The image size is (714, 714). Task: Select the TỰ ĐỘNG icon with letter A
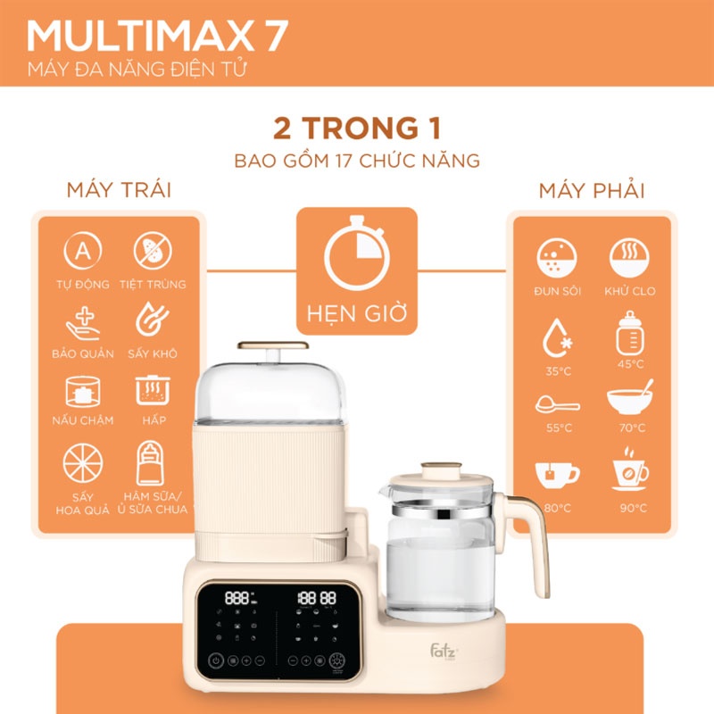coord(82,253)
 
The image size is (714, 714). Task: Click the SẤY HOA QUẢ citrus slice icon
coord(82,463)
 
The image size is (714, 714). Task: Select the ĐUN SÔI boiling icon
coord(557,258)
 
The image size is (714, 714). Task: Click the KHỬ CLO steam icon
coord(629,258)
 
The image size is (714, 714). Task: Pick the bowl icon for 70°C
coord(629,398)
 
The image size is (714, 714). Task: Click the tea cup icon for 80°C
coord(557,472)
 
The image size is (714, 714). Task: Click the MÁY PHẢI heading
coord(593,191)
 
